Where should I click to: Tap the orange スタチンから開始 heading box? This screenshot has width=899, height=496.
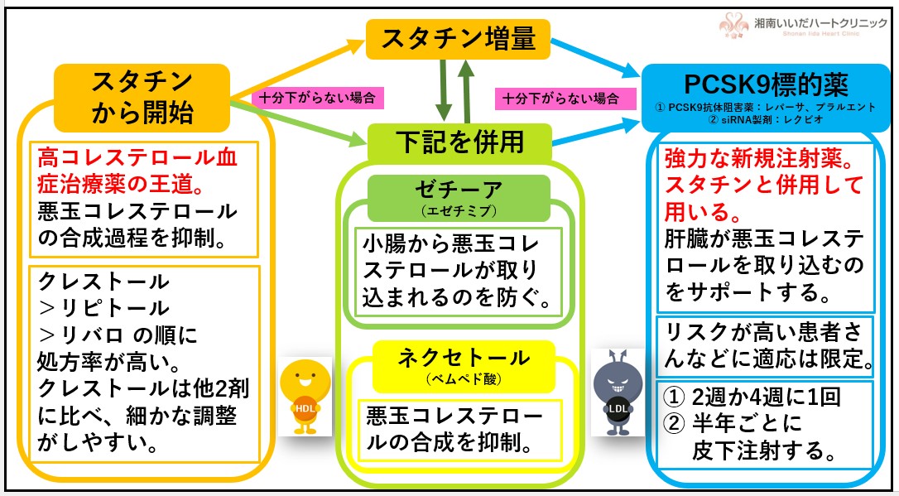pyautogui.click(x=142, y=98)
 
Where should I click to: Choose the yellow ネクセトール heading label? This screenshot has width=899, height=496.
pyautogui.click(x=463, y=363)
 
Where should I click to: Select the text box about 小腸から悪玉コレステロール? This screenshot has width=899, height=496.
pyautogui.click(x=459, y=270)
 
